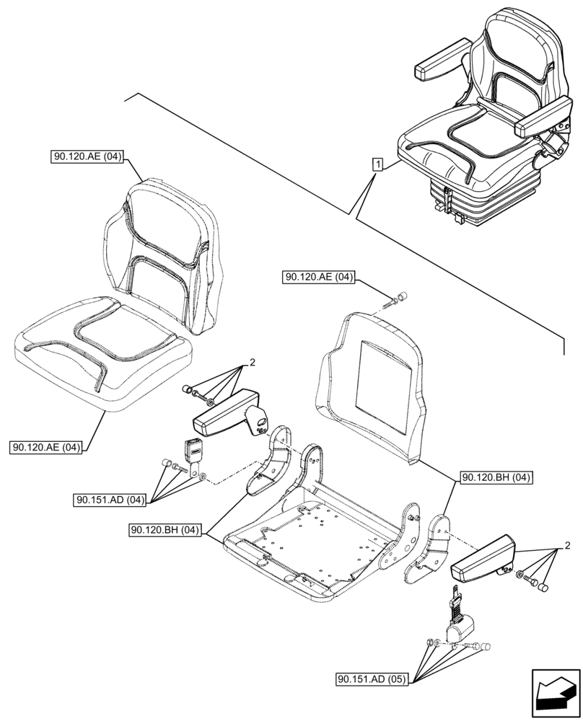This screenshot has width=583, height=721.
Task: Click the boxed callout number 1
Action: (377, 164)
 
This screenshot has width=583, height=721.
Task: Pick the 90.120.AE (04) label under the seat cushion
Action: (47, 448)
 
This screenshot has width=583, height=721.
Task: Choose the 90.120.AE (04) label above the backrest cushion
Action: (88, 156)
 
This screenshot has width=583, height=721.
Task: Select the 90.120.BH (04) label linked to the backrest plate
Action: (496, 477)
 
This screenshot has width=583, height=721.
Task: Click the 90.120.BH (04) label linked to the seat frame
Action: (165, 531)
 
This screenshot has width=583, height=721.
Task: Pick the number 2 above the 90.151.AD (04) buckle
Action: (253, 363)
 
